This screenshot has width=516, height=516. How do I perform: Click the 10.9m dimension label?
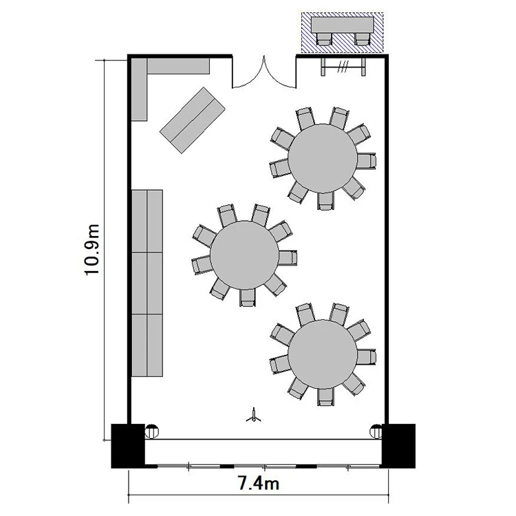tap(92, 250)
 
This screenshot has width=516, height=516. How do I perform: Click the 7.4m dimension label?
tap(258, 484)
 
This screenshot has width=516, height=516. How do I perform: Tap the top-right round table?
tap(323, 159)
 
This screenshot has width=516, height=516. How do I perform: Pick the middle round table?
tap(244, 255)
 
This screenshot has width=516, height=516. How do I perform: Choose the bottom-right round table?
tap(323, 354)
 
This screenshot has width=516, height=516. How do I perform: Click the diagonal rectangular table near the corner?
tap(193, 120)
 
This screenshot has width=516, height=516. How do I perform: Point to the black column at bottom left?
tap(128, 446)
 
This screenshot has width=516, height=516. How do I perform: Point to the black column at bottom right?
tap(398, 446)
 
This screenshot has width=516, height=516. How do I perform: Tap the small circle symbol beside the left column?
tap(152, 431)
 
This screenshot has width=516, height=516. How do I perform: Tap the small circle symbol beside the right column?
tap(376, 431)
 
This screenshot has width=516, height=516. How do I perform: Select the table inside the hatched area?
tap(343, 25)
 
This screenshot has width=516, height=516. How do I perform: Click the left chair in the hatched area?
tap(324, 39)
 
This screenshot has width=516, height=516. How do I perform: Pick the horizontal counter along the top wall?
tap(178, 66)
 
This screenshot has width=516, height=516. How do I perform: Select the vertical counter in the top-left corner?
tap(139, 89)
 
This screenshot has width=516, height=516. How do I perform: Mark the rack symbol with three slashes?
tap(343, 67)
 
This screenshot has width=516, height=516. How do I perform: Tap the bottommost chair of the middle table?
tap(248, 298)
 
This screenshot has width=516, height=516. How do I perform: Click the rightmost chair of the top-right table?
tap(367, 161)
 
